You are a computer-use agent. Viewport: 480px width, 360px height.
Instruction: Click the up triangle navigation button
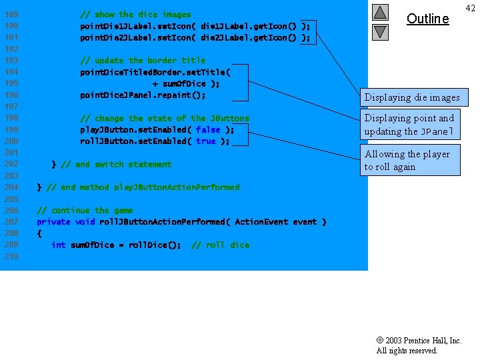click(x=379, y=13)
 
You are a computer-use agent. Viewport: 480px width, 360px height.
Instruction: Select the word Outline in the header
click(x=427, y=19)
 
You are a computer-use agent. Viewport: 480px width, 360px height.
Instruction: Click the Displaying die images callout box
click(x=411, y=97)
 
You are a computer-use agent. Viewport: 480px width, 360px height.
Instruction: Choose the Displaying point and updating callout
click(x=410, y=125)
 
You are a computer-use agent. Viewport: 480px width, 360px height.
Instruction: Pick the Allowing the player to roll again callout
click(x=410, y=161)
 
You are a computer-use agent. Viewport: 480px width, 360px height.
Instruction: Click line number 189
click(x=11, y=14)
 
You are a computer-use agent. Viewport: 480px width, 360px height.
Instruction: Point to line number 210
click(x=11, y=257)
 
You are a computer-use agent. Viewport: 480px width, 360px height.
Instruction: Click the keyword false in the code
click(x=207, y=129)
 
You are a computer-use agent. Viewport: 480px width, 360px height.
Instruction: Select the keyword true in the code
click(x=205, y=141)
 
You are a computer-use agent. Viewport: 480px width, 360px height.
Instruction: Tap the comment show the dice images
click(x=135, y=14)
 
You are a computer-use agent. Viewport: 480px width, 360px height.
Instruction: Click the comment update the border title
click(x=143, y=60)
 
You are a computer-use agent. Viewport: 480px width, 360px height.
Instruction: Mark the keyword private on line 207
click(x=53, y=222)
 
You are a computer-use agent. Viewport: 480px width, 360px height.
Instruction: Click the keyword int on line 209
click(x=58, y=245)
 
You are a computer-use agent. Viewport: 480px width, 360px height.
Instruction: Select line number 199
click(x=11, y=129)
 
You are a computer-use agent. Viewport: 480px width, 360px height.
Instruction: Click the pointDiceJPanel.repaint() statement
click(x=143, y=95)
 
